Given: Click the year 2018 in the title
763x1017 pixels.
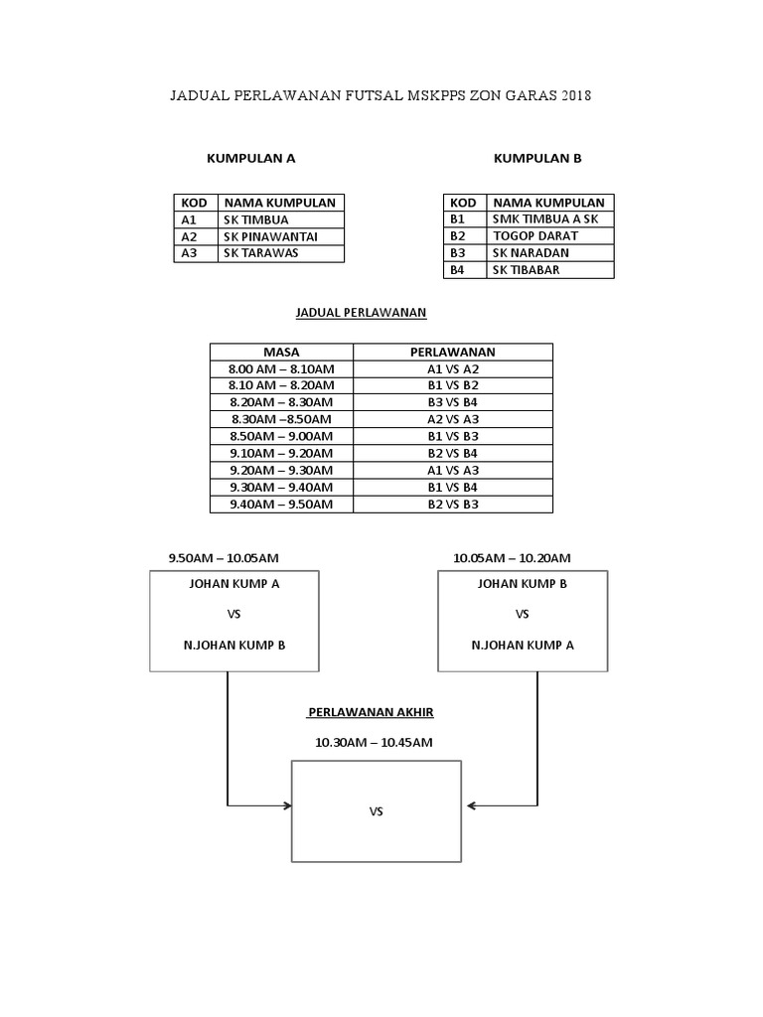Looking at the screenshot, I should [575, 96].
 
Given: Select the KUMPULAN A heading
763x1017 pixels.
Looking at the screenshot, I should [250, 158].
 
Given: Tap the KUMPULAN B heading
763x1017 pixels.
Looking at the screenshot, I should [537, 158].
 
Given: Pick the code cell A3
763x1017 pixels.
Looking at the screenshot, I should [190, 253].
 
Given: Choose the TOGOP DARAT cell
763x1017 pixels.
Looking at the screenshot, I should [534, 236].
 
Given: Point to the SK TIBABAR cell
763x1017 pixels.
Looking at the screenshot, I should [526, 270].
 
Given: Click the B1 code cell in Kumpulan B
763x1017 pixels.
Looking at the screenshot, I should [458, 219].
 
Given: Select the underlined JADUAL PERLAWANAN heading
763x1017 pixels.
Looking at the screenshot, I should [362, 312].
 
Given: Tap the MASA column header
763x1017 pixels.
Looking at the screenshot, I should [281, 352].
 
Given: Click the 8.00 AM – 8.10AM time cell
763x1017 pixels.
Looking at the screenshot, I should [281, 368].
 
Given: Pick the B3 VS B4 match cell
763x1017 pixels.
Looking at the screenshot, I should [452, 402].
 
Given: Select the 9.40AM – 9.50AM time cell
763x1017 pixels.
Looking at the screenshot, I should [281, 504].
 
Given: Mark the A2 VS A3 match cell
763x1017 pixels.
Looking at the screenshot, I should [452, 419].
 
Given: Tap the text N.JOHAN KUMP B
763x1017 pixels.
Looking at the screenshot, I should [234, 645].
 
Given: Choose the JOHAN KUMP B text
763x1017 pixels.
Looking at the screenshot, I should [523, 584].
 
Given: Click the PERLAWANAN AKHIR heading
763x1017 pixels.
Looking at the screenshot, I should [371, 713].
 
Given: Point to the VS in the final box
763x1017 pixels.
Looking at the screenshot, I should [376, 811].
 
